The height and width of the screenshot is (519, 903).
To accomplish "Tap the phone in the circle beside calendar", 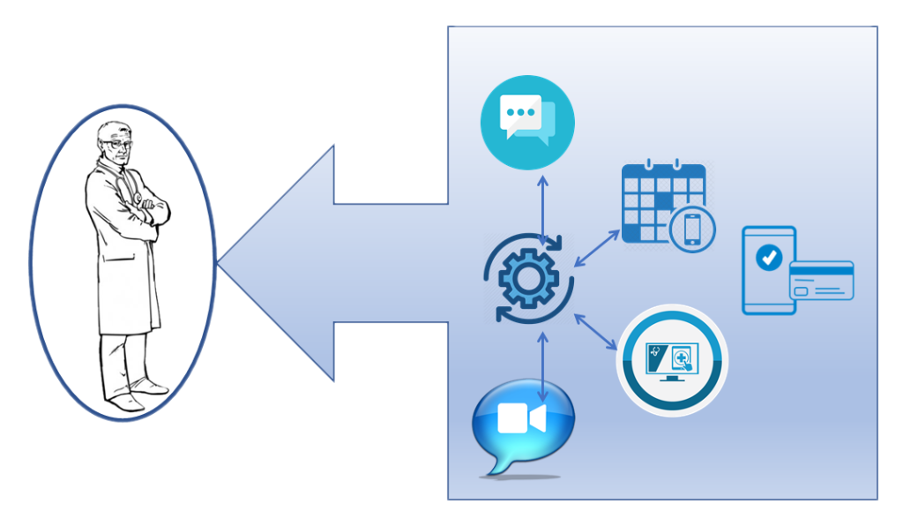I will pyautogui.click(x=691, y=229).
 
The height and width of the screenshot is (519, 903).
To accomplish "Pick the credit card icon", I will pyautogui.click(x=821, y=281).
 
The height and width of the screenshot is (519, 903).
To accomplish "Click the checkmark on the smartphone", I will pyautogui.click(x=770, y=258).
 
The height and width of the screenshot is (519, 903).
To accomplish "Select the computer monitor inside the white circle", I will pyautogui.click(x=672, y=360).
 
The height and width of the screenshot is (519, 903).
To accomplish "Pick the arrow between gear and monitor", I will pyautogui.click(x=595, y=330).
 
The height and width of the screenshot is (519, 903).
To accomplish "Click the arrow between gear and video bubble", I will pyautogui.click(x=541, y=364).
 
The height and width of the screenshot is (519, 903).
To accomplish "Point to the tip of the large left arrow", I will pyautogui.click(x=220, y=263).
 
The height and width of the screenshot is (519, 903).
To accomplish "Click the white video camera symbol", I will pyautogui.click(x=521, y=418).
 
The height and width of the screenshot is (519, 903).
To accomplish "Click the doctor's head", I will pyautogui.click(x=116, y=142).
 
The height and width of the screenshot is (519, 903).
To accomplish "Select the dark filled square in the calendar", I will pyautogui.click(x=661, y=201).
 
